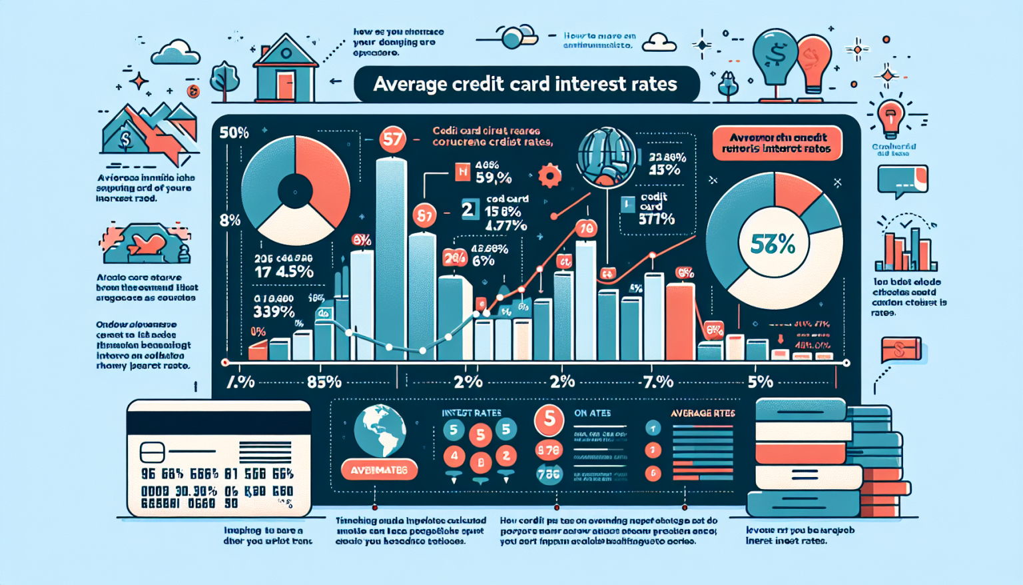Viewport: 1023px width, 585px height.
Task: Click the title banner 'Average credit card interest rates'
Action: coord(525,84)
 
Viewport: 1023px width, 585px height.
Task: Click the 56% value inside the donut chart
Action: coord(773,245)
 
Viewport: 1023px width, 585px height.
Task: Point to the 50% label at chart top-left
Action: coord(234,133)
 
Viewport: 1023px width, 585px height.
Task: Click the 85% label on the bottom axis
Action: coord(324,382)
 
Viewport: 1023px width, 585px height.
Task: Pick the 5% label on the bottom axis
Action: coord(760,382)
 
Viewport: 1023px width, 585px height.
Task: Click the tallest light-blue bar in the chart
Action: coord(391,260)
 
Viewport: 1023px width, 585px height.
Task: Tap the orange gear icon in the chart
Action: coord(549,176)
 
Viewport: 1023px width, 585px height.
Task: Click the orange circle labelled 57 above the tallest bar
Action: coord(392,139)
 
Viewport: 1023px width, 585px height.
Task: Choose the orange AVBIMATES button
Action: coord(379,470)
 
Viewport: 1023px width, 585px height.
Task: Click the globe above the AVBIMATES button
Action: coord(380,430)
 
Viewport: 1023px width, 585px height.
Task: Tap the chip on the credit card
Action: coord(152,453)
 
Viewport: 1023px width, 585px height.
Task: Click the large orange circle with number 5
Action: coord(549,419)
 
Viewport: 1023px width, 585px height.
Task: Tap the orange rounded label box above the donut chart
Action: coord(777,143)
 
